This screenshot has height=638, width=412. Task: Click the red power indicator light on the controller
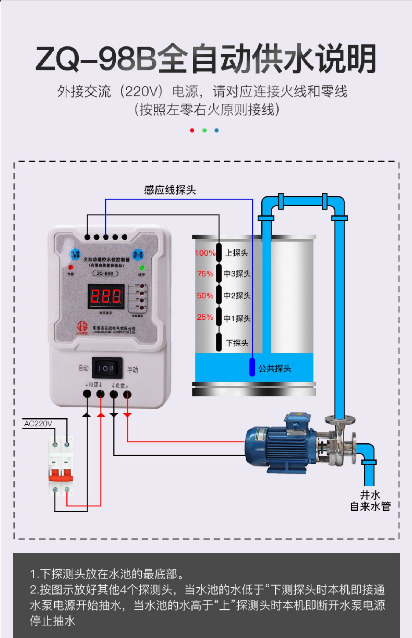click(71, 267)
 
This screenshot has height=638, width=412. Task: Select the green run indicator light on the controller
click(142, 267)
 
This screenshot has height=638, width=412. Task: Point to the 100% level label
click(205, 253)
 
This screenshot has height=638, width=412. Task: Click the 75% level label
click(205, 274)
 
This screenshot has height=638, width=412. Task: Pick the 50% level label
click(205, 296)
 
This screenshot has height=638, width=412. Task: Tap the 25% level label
click(205, 317)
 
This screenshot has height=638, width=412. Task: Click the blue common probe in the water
click(252, 367)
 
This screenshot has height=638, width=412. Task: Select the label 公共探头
click(275, 368)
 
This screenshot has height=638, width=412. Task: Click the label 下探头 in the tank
click(237, 343)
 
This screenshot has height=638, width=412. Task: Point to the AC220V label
click(38, 423)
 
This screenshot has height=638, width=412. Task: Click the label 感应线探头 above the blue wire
click(170, 190)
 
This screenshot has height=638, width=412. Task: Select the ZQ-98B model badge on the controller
click(105, 274)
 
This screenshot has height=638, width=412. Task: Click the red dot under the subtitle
click(192, 131)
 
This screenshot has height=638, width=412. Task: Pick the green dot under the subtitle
click(204, 131)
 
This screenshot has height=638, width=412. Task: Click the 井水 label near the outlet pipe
click(370, 495)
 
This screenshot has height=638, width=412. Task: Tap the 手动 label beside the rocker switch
click(132, 370)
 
